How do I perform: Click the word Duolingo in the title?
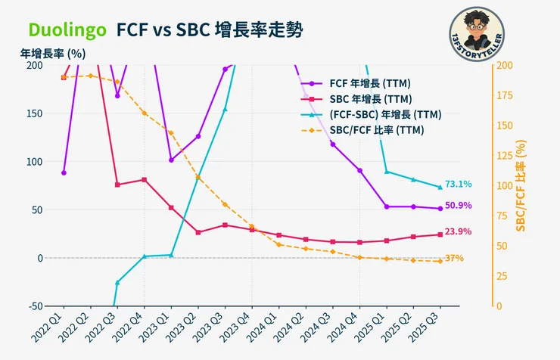[x=67, y=29]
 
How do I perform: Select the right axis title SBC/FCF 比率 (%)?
[x=521, y=186]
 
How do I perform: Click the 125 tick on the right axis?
[x=504, y=156]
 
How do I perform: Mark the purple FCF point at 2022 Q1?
[x=64, y=172]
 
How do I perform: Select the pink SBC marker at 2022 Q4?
[x=144, y=180]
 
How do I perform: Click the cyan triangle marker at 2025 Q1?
[x=387, y=172]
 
